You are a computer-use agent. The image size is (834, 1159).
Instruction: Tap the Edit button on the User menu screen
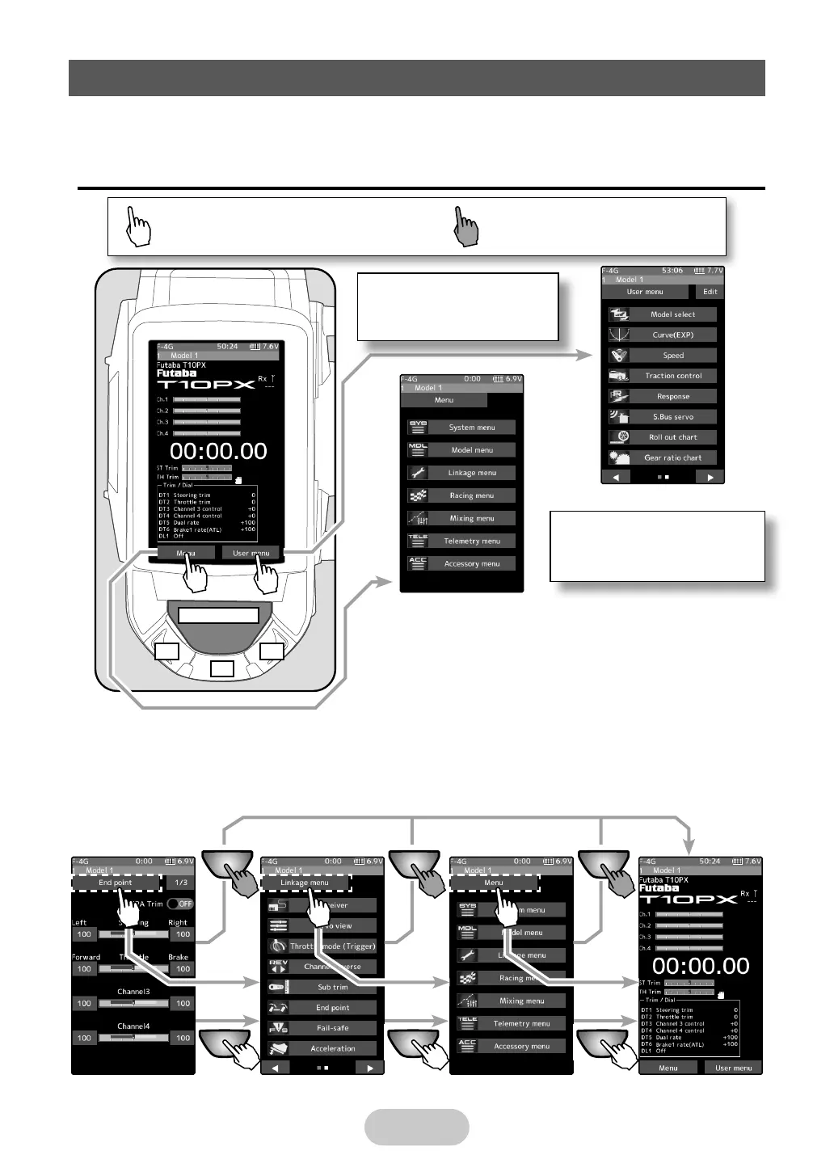[710, 292]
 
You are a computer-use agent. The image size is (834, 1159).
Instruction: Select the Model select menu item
[672, 314]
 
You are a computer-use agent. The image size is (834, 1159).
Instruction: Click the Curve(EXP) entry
[672, 335]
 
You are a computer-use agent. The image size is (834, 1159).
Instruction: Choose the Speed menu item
[672, 356]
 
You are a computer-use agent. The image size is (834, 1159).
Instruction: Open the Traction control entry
[672, 376]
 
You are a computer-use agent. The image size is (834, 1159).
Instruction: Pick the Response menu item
[672, 397]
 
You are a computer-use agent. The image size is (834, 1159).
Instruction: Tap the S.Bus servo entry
[672, 417]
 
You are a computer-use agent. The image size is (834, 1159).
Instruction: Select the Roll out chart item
[672, 437]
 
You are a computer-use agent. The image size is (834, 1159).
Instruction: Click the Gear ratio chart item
[672, 457]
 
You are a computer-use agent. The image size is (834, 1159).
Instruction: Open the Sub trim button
[332, 987]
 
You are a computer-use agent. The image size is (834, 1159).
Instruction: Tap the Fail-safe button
[332, 1028]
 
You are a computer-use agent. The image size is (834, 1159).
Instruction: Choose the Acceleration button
[332, 1048]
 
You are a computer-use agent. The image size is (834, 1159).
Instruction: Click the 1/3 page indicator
[181, 883]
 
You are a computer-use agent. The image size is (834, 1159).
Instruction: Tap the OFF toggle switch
[180, 904]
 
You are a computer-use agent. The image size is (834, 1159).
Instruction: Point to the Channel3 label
[133, 992]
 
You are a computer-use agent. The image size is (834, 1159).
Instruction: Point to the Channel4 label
[133, 1026]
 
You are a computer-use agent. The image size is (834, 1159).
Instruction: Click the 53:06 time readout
[672, 271]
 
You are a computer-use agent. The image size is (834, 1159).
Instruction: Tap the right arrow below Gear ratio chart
[710, 478]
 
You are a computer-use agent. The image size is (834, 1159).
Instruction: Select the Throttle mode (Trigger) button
[332, 946]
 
